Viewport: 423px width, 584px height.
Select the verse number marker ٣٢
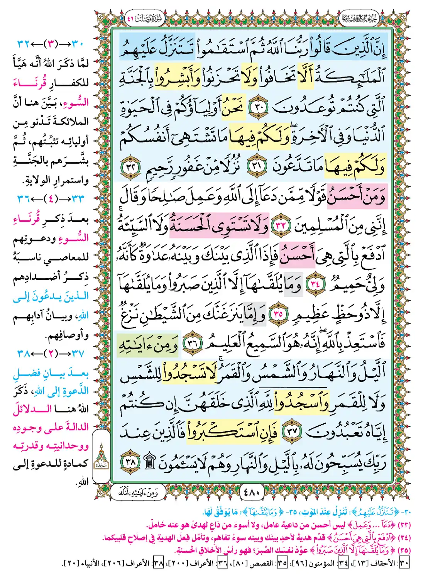tap(129, 167)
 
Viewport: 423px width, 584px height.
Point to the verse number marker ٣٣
tap(281, 225)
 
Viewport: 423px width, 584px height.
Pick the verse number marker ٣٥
tap(278, 314)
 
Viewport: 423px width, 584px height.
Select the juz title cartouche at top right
tap(359, 18)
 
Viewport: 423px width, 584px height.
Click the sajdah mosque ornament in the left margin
tap(101, 457)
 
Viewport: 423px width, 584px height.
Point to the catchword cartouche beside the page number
tap(138, 492)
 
